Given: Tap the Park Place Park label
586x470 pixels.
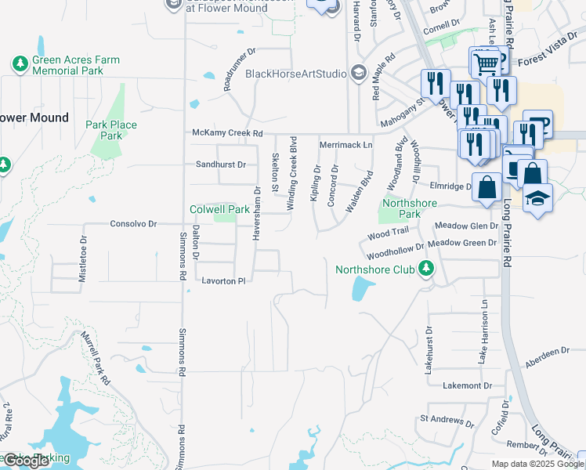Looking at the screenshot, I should [110, 130].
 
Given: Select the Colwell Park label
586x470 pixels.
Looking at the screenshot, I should [219, 209].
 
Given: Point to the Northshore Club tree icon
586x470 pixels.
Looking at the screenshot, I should [426, 269].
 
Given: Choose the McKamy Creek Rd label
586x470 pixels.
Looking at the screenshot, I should [227, 134].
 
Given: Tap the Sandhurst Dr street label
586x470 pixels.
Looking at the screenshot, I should [220, 164].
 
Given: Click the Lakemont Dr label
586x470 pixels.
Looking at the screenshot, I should [466, 385].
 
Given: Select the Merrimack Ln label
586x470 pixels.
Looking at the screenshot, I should [345, 146].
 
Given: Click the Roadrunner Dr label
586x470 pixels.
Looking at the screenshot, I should [240, 69].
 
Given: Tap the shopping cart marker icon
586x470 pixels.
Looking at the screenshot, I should [486, 61].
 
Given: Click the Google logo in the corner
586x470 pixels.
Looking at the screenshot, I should [25, 461].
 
